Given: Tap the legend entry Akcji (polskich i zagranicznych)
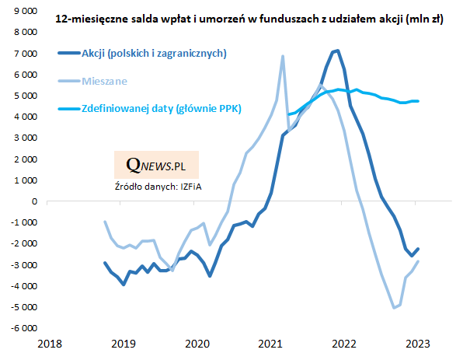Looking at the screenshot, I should tap(153, 54).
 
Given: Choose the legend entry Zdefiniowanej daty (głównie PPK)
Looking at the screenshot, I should tap(161, 109).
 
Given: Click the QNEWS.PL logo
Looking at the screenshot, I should tap(155, 166).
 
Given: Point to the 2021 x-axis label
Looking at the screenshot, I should tap(270, 343).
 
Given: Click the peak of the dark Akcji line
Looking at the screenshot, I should tap(336, 51).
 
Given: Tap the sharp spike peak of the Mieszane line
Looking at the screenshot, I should tap(282, 56).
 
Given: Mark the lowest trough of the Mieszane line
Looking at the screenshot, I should tap(394, 308).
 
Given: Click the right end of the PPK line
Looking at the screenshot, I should tap(420, 101).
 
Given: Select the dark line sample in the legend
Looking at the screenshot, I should tap(67, 54).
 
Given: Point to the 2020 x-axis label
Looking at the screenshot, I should tap(196, 343).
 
